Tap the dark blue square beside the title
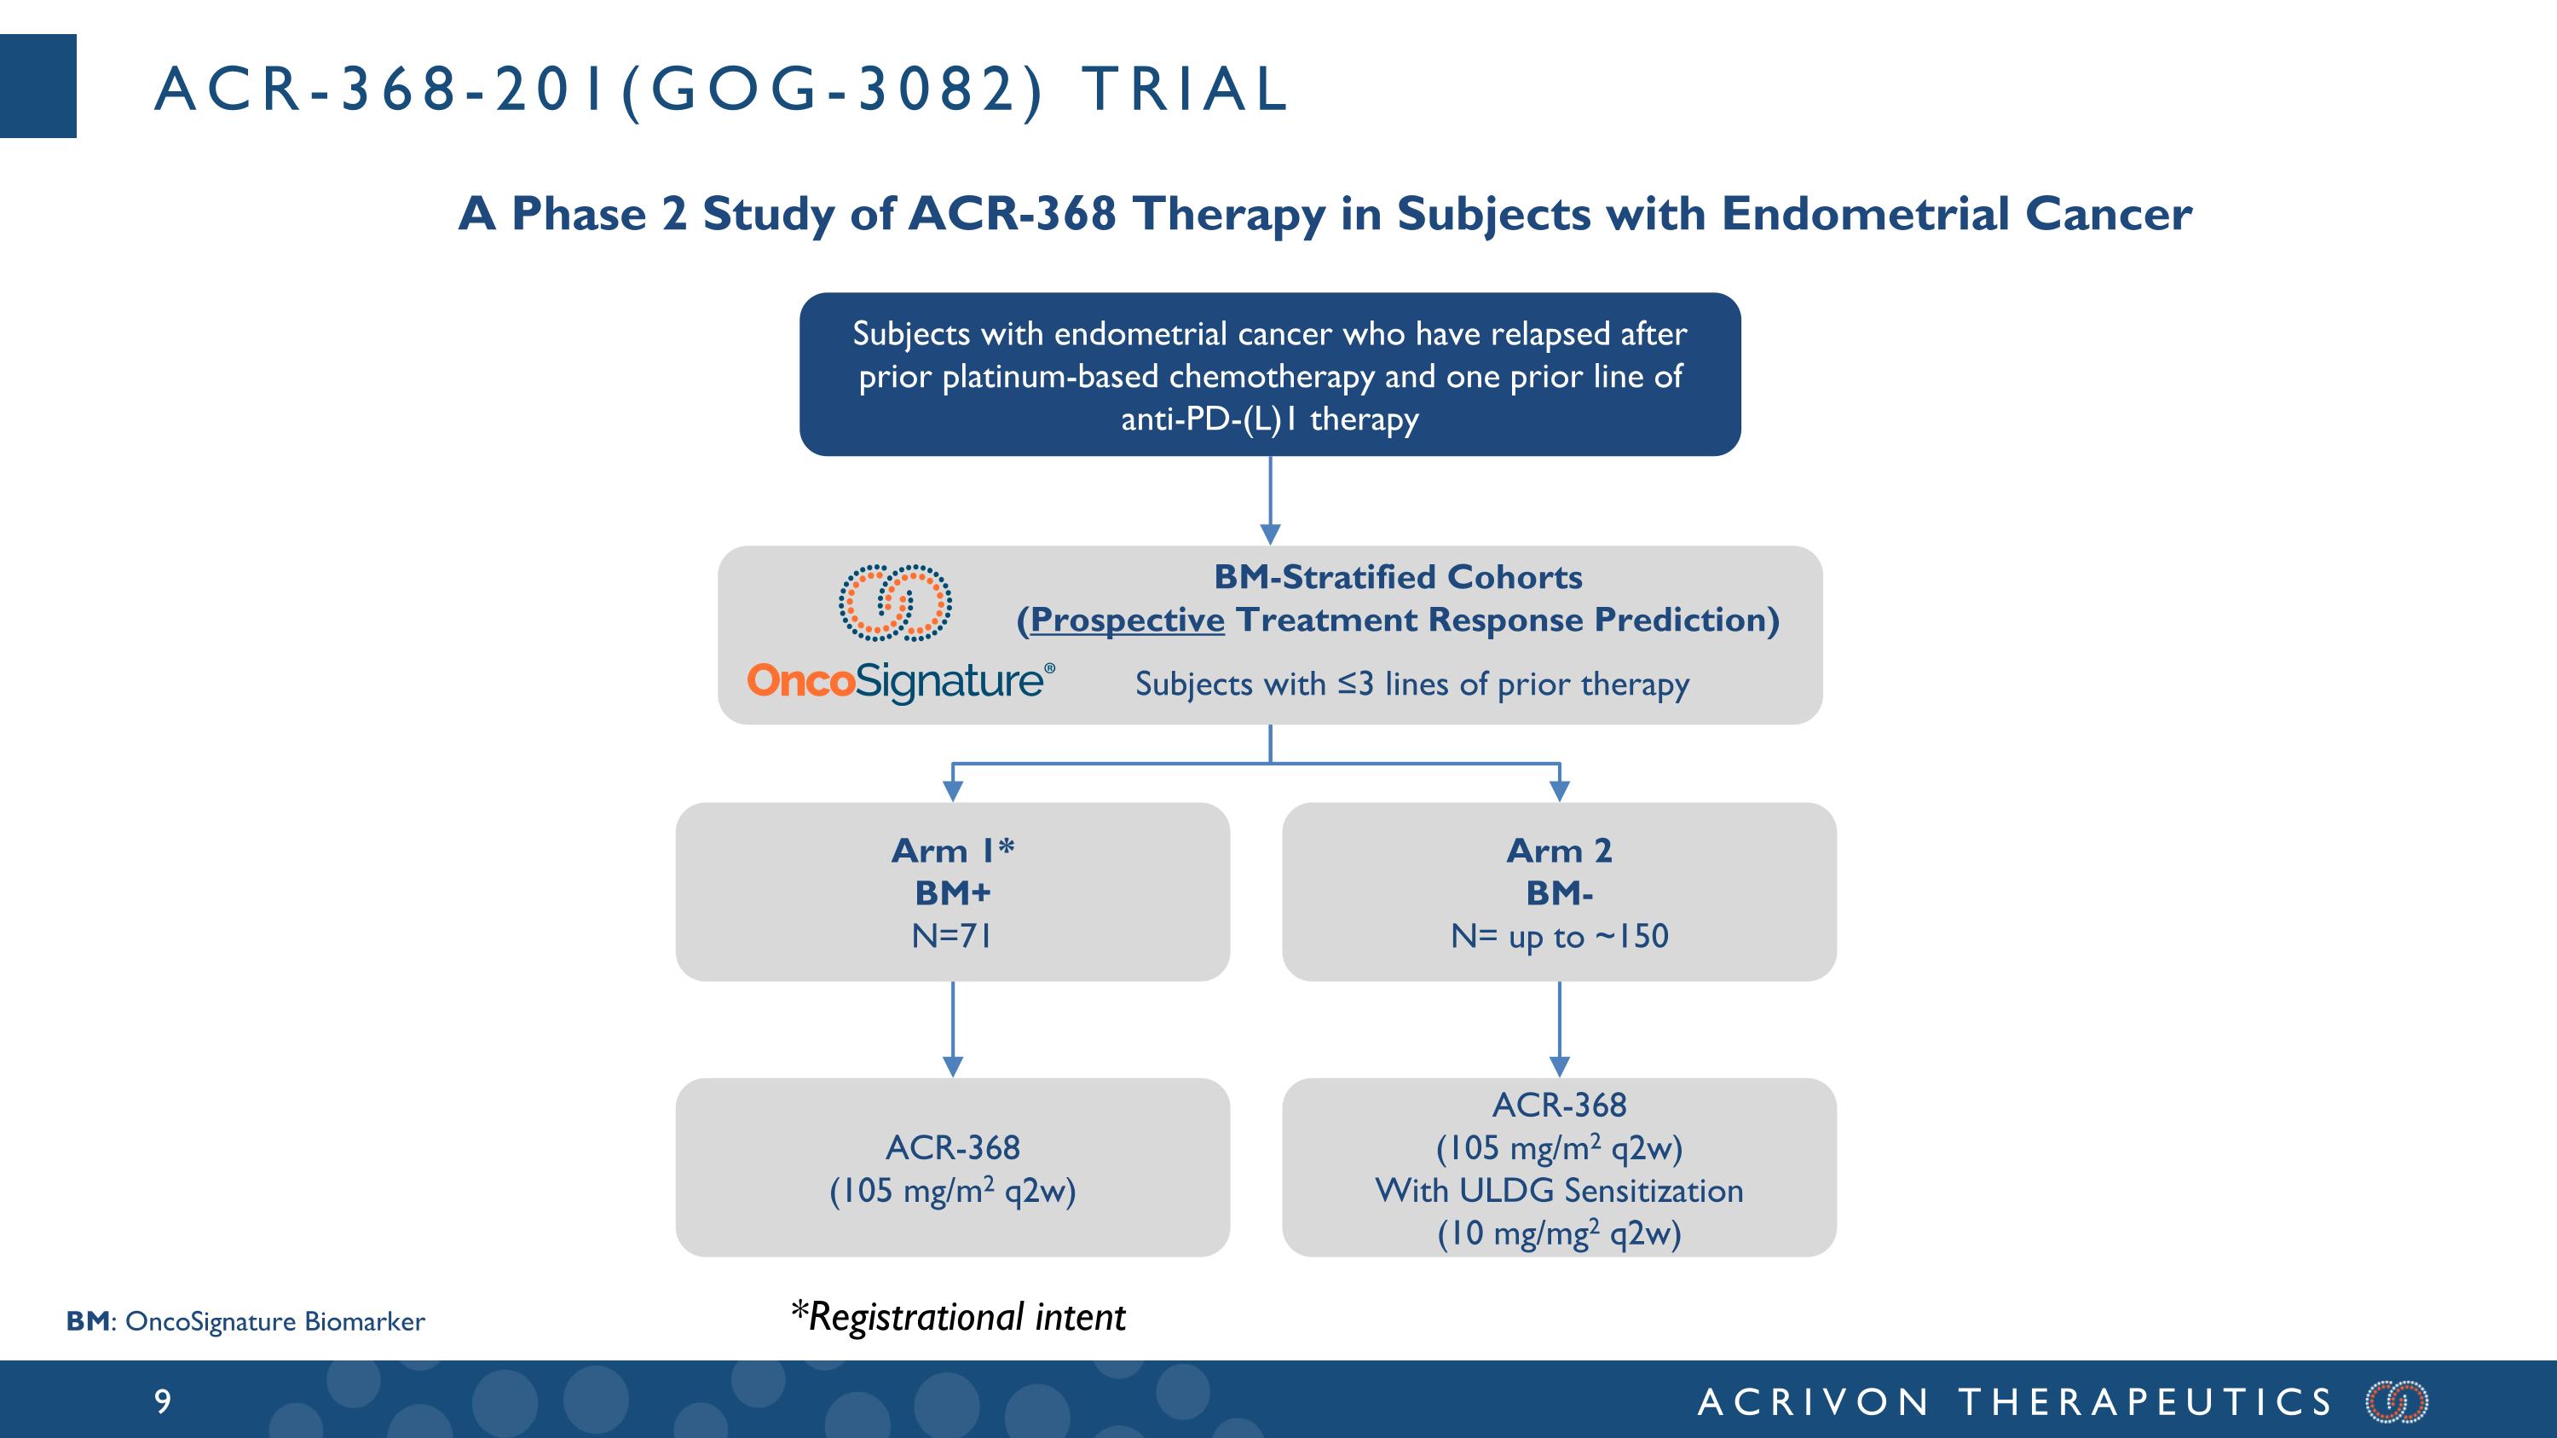pyautogui.click(x=38, y=85)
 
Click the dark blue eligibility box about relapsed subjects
pyautogui.click(x=1270, y=374)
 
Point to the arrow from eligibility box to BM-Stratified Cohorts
pyautogui.click(x=1270, y=500)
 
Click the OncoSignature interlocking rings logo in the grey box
pyautogui.click(x=895, y=603)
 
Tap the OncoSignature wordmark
pyautogui.click(x=900, y=681)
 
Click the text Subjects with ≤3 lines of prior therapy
pyautogui.click(x=1411, y=684)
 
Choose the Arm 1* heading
pyautogui.click(x=953, y=851)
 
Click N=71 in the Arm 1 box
pyautogui.click(x=952, y=936)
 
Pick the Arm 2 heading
pyautogui.click(x=1560, y=851)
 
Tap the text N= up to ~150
pyautogui.click(x=1560, y=936)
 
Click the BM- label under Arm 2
pyautogui.click(x=1560, y=893)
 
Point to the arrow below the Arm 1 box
pyautogui.click(x=953, y=1029)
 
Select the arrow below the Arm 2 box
pyautogui.click(x=1560, y=1029)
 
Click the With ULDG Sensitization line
pyautogui.click(x=1560, y=1190)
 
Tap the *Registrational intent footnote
pyautogui.click(x=958, y=1317)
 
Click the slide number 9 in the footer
pyautogui.click(x=163, y=1401)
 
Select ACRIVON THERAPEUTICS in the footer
pyautogui.click(x=2015, y=1402)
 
